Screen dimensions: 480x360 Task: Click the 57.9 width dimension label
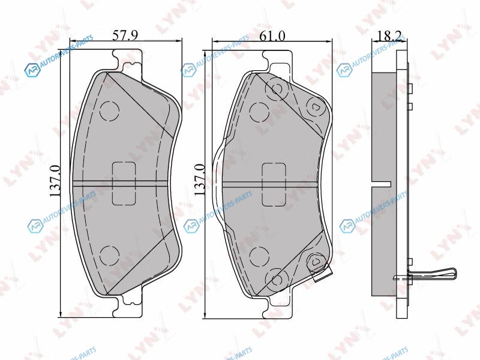(x=125, y=35)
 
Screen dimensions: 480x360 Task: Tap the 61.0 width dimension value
(x=272, y=36)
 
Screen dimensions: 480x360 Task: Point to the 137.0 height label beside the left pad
(x=56, y=181)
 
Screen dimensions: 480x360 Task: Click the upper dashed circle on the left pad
(x=109, y=111)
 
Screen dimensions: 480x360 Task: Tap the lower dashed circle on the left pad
(x=109, y=254)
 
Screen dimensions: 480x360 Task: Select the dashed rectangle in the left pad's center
(x=124, y=184)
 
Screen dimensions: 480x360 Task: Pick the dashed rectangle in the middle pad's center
(x=274, y=184)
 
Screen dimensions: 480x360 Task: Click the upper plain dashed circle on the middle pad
(x=259, y=112)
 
